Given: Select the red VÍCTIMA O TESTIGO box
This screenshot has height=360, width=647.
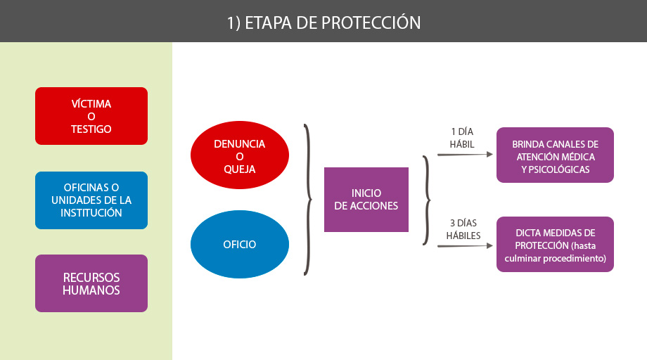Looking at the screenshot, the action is (91, 116).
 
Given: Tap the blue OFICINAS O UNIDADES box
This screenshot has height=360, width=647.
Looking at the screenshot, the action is (91, 200).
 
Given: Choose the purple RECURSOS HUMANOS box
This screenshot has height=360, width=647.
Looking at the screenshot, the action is (91, 283).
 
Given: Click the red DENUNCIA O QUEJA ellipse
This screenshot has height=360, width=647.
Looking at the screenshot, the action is (240, 155).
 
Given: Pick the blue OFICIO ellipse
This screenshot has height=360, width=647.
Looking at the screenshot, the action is (240, 244).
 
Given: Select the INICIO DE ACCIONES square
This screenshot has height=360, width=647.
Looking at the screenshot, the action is (366, 200).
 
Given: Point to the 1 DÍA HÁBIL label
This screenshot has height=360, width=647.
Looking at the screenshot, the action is (462, 138).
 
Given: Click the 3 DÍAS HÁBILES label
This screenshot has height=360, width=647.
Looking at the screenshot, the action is (463, 229).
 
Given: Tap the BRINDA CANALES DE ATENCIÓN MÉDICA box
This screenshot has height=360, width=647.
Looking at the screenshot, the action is (555, 155).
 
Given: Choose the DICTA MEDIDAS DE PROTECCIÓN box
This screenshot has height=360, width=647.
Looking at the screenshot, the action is (555, 244).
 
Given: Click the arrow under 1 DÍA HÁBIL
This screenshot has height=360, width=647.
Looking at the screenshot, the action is (465, 155).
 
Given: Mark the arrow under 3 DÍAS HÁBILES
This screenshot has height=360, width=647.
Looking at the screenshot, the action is (465, 246).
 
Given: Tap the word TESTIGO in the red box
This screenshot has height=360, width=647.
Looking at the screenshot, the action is (91, 129).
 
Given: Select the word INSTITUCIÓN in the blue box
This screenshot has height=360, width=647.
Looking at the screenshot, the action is (91, 213).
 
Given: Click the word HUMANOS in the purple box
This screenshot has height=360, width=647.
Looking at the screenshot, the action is (91, 290).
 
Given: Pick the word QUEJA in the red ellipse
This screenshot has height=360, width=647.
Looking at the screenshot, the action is (240, 169).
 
